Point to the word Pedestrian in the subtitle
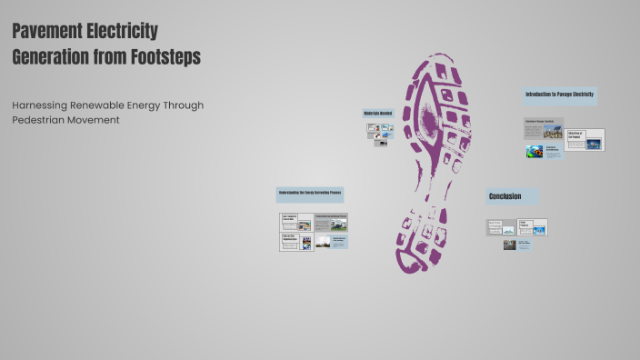38,120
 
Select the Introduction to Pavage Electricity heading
560,95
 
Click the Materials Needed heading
377,114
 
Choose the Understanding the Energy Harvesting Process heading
310,194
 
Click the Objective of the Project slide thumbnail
584,139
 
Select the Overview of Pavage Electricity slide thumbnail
544,128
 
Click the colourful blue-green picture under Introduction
535,152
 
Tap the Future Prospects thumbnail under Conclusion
532,226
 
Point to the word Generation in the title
53,56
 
